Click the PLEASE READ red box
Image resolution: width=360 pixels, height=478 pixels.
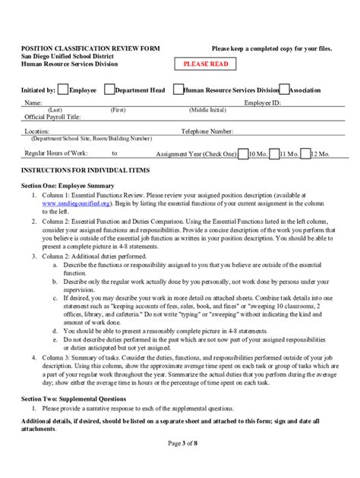point(205,64)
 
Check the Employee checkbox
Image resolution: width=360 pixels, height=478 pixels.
point(63,90)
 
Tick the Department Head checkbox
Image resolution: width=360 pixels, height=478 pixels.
point(109,90)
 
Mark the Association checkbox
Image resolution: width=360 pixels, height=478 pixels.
point(283,90)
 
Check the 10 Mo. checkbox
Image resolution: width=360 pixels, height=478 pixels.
point(243,153)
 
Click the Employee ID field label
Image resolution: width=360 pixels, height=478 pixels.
point(263,102)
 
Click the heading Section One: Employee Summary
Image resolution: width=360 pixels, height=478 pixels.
point(68,186)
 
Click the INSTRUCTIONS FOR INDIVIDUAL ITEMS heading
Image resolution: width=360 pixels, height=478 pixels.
point(85,170)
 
